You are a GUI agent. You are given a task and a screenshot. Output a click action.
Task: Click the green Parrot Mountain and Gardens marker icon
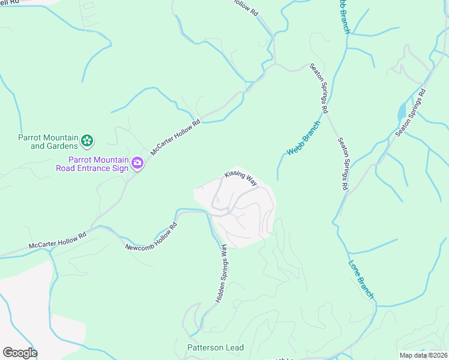[x=87, y=141]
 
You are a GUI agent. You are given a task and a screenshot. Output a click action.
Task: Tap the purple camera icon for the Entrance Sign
[x=137, y=163]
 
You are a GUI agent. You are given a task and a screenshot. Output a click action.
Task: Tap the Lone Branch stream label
[x=361, y=279]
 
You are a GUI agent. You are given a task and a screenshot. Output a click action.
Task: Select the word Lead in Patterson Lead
[x=235, y=348]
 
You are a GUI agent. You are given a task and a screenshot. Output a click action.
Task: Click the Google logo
[x=20, y=353]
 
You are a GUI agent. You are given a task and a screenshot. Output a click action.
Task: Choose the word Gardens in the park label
[x=63, y=146]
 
